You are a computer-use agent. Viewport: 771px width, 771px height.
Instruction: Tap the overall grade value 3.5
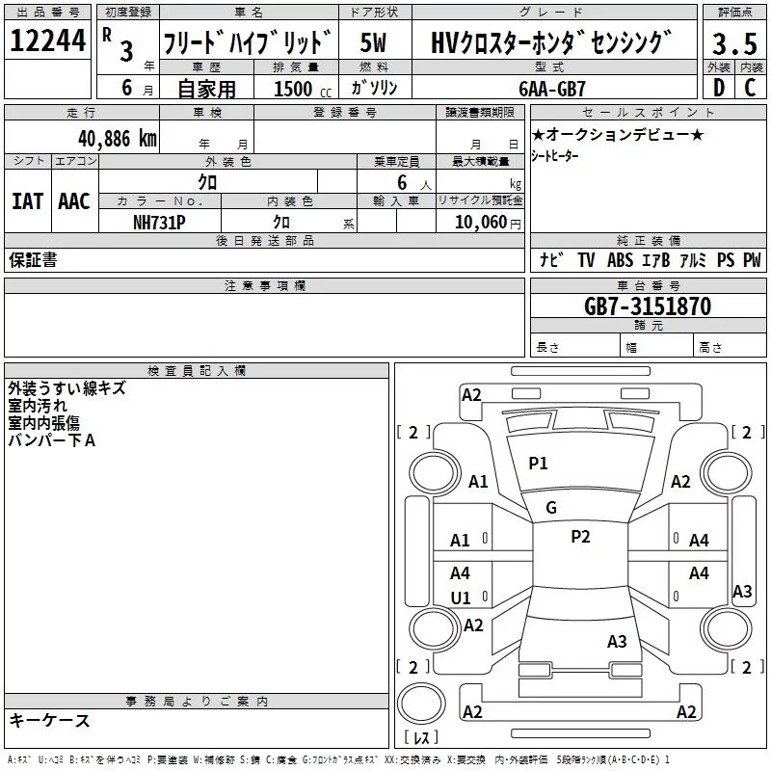[x=732, y=43]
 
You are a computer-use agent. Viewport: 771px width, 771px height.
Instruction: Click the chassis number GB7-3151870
[x=647, y=306]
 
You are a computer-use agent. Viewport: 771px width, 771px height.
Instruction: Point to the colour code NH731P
[x=160, y=222]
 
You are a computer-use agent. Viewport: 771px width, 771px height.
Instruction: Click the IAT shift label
[x=27, y=200]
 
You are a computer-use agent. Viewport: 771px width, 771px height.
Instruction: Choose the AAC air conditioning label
[x=74, y=200]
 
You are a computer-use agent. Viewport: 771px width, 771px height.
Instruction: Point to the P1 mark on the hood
[x=538, y=464]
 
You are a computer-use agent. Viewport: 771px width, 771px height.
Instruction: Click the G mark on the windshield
[x=551, y=508]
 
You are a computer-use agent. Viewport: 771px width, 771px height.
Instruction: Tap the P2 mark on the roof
[x=580, y=537]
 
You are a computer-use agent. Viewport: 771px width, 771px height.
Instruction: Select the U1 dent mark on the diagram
[x=461, y=598]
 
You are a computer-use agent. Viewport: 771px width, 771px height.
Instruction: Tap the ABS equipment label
[x=620, y=260]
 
